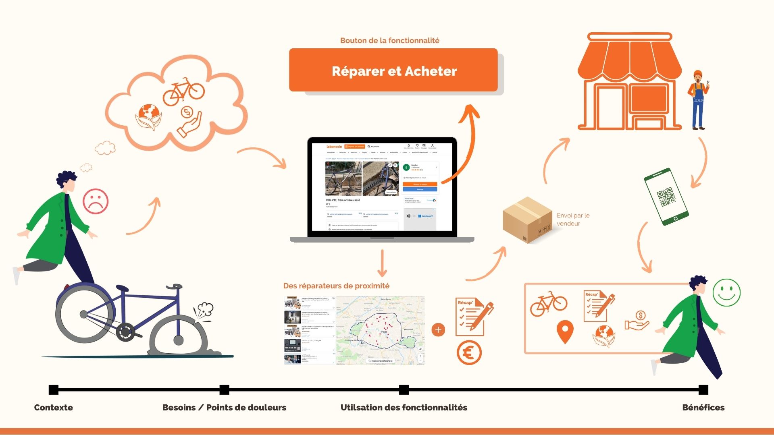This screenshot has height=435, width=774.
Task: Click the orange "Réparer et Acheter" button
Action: (393, 70)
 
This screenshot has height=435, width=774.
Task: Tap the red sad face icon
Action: (96, 201)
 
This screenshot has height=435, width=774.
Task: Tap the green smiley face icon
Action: (726, 292)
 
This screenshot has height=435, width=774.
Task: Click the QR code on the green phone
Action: (666, 197)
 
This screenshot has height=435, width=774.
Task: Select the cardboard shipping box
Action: (527, 220)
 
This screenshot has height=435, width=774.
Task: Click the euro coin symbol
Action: (469, 353)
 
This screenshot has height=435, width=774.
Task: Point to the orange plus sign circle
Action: (438, 330)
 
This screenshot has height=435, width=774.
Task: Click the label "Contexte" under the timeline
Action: (54, 407)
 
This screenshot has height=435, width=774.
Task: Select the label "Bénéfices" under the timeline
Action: (703, 407)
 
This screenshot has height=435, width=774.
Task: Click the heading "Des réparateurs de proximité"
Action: (336, 286)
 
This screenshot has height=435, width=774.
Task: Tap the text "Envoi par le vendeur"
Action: (572, 220)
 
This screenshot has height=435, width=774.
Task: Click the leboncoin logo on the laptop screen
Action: (334, 147)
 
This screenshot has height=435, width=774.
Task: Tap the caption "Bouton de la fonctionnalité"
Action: (389, 40)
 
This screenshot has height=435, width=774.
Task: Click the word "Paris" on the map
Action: (384, 332)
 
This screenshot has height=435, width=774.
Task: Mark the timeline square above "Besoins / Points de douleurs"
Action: (225, 389)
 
